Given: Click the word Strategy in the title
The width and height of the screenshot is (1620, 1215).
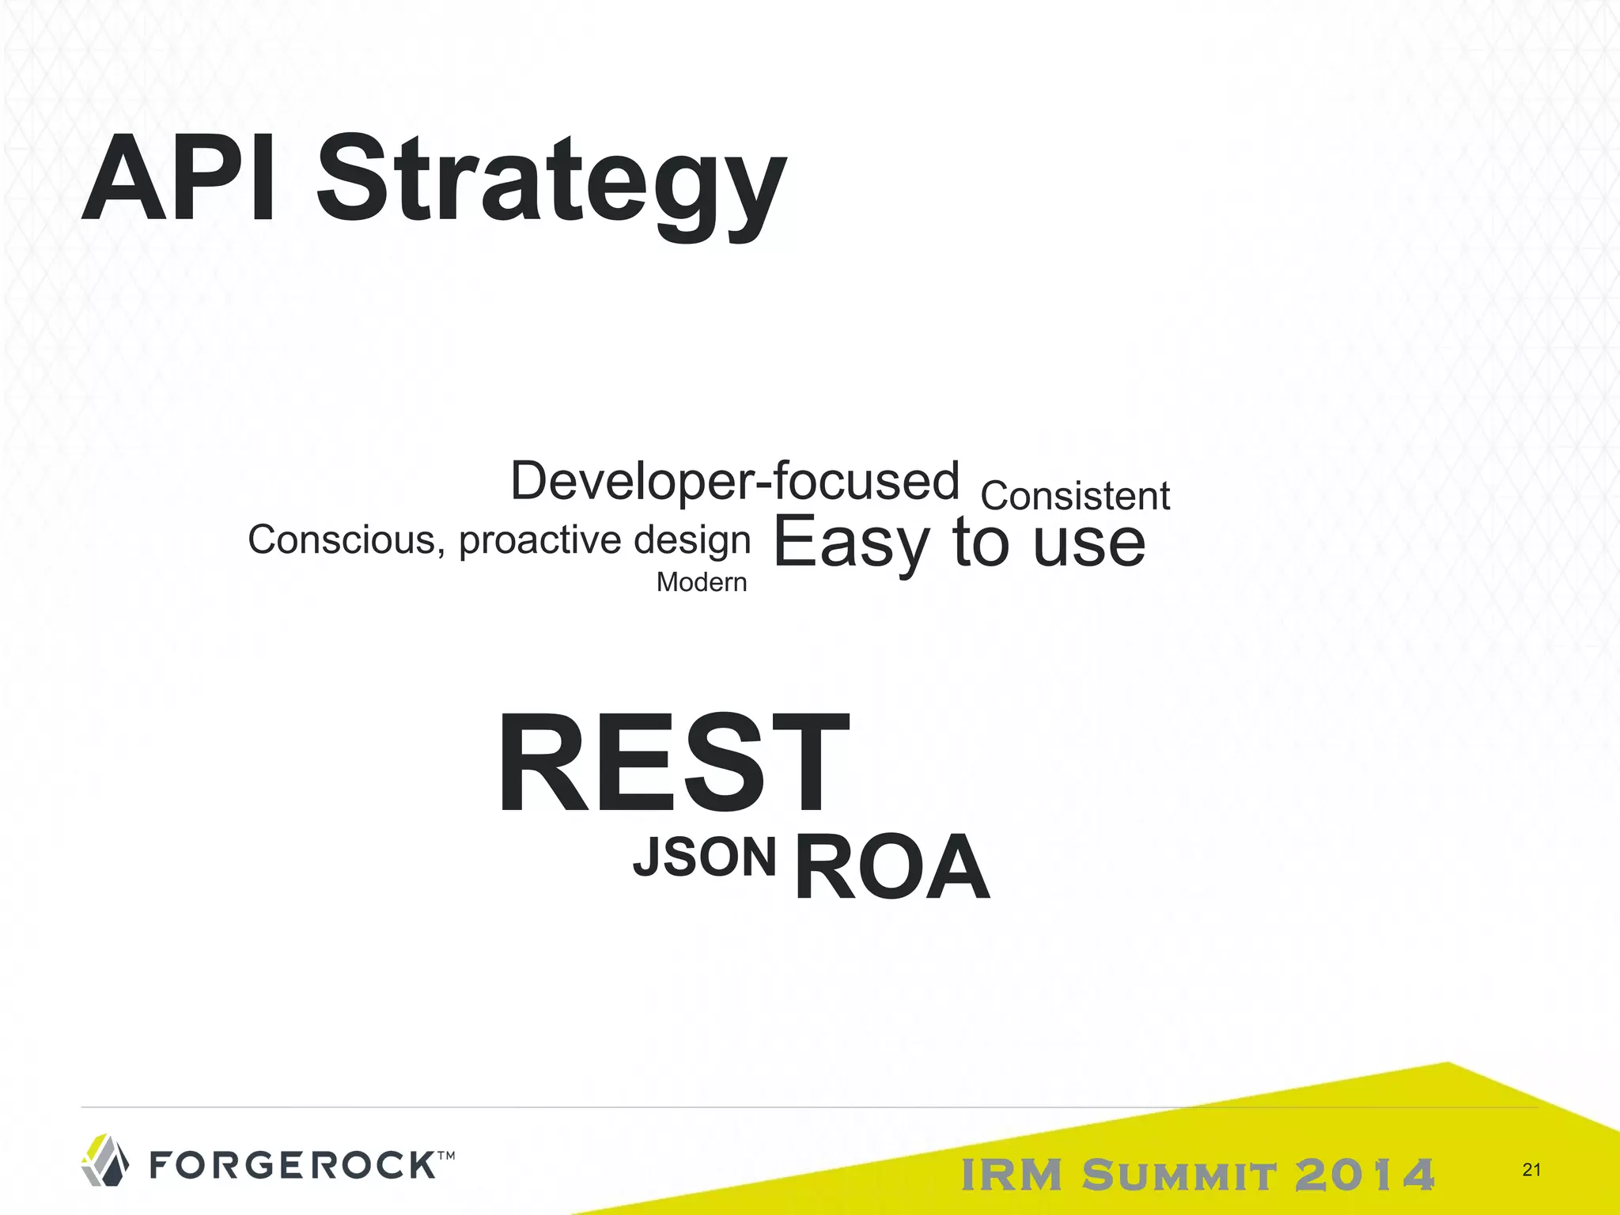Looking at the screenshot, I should click(x=551, y=186).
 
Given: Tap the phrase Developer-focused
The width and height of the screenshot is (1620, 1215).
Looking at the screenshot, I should click(x=735, y=481).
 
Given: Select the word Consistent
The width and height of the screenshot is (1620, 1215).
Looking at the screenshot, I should click(x=1075, y=497).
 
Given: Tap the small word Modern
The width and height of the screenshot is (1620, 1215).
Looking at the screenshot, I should click(x=702, y=582).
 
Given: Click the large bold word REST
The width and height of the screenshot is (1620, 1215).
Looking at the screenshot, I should click(x=673, y=763).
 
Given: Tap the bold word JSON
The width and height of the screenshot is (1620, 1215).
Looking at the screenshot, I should click(x=704, y=857).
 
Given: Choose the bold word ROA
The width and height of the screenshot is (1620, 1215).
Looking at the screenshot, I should click(x=891, y=868).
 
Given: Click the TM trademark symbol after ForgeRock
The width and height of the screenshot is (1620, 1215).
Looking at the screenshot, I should click(x=445, y=1156).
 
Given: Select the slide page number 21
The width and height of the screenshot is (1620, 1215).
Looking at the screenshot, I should click(x=1531, y=1170).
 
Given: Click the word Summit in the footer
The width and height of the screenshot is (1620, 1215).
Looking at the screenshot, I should click(x=1179, y=1175).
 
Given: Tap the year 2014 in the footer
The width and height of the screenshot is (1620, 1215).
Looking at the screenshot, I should click(x=1364, y=1175).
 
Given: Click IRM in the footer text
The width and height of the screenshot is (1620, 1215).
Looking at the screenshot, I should click(x=1012, y=1175).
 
